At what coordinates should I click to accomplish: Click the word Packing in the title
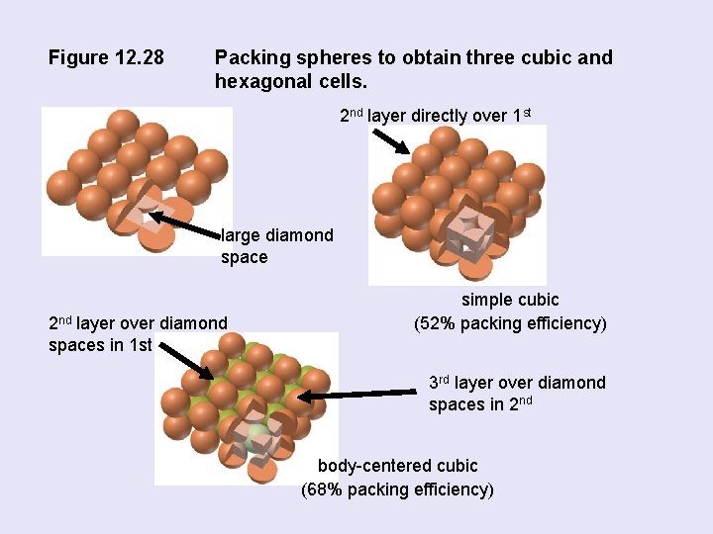[252, 58]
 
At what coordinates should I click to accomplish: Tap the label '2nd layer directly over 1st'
[436, 116]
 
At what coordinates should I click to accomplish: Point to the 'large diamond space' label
[276, 246]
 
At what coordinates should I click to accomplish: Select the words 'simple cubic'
[509, 300]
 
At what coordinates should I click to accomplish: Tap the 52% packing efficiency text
[509, 323]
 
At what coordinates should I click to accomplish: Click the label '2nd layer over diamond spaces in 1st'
[138, 333]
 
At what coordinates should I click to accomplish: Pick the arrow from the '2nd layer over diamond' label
[185, 361]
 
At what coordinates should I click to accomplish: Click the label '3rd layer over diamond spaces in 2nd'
[517, 394]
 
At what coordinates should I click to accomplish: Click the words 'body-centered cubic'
[397, 466]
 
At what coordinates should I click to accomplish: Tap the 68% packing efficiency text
[397, 489]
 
